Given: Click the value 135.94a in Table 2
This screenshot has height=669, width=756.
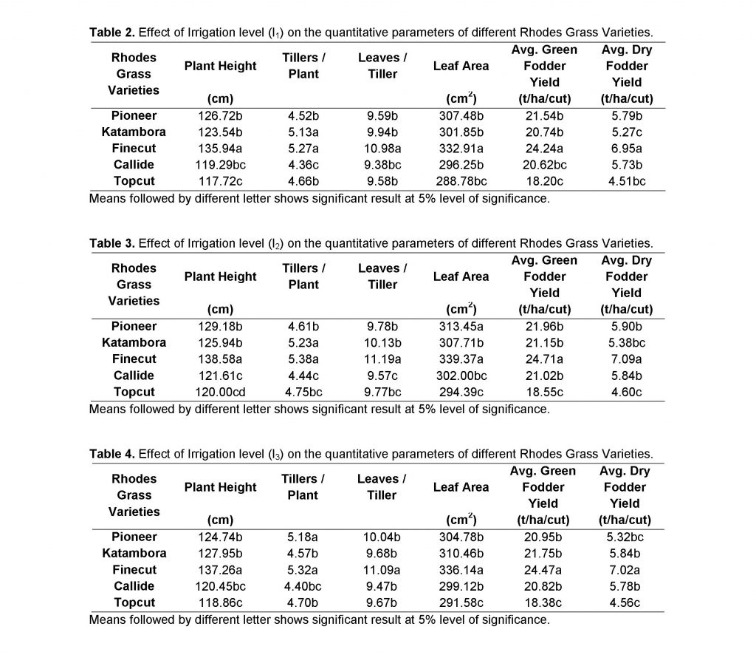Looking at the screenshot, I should coord(220,148).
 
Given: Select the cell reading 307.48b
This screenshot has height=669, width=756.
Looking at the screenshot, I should coord(461,115).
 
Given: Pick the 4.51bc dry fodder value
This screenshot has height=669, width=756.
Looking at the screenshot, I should coord(627,181).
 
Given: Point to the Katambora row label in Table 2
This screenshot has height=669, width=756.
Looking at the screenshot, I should coord(134,132).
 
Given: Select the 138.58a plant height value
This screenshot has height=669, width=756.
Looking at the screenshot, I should coord(220,359).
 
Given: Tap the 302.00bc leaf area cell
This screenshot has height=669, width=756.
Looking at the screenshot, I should coord(461,376).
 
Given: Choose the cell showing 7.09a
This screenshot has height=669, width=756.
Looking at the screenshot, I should coord(627,359).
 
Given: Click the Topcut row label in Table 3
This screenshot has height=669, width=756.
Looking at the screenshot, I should coord(134,392).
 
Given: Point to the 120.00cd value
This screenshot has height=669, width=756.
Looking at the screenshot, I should coord(220,392).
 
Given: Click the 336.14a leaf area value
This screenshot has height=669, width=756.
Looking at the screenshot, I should coord(461,569).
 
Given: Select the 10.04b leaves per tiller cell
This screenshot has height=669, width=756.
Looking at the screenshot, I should coord(382,537).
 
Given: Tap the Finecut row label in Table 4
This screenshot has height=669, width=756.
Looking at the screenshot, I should coord(134,569).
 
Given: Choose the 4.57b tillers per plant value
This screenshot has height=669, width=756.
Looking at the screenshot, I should coord(303,553).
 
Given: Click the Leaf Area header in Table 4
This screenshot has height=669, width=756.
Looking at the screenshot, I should coord(461,487).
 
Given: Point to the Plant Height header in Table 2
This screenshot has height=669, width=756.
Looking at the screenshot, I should coord(220,66).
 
